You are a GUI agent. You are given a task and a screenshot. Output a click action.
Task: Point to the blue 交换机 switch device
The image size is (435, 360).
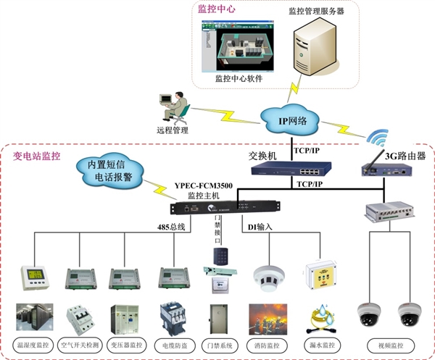(288, 170)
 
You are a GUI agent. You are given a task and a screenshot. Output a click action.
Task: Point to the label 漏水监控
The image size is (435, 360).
(317, 341)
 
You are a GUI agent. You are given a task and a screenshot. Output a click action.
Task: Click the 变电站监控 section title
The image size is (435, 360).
(37, 156)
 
